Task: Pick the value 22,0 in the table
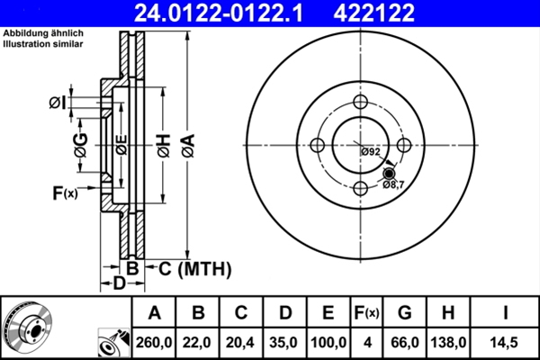point(199,342)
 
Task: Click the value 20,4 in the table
point(241,342)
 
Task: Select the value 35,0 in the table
point(285,342)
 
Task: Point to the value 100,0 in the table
point(328,342)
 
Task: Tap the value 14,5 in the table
point(506,342)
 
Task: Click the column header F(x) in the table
point(367,313)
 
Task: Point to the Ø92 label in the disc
point(370,152)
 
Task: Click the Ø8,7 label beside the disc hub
point(393,184)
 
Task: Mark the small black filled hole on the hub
point(389,173)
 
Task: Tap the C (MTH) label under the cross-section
point(195,268)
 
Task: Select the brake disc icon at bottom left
point(29,327)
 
